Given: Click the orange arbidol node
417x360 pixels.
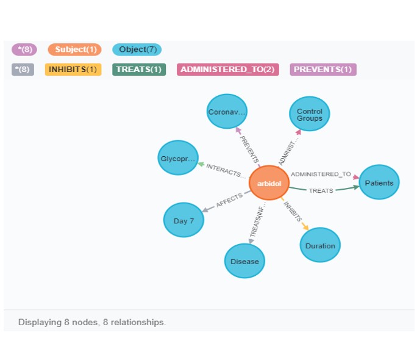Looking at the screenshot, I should click(269, 183).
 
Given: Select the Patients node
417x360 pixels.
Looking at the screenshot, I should click(379, 182).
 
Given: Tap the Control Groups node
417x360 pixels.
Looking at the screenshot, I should click(309, 114).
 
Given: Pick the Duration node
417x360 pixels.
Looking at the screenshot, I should click(320, 245).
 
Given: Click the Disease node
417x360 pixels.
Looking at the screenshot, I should click(244, 261).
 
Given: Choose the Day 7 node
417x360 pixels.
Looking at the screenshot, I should click(184, 220).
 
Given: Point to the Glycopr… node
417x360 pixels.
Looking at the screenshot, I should click(178, 158).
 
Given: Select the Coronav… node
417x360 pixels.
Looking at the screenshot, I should click(227, 112).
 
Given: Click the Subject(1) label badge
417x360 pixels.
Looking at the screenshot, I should click(74, 49).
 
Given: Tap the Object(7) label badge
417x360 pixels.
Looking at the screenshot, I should click(137, 49).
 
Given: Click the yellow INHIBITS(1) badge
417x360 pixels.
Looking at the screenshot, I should click(73, 70).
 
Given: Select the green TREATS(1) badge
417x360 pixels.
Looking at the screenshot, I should click(139, 70).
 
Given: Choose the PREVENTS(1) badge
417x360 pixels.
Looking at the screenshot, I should click(323, 70).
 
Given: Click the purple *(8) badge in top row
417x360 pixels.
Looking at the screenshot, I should click(24, 49).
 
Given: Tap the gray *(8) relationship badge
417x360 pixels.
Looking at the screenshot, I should click(23, 70).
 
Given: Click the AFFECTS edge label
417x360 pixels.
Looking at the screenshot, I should click(229, 200).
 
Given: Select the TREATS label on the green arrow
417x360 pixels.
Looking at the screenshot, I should click(321, 190).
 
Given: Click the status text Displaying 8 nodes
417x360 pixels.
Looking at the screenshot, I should click(91, 322).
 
